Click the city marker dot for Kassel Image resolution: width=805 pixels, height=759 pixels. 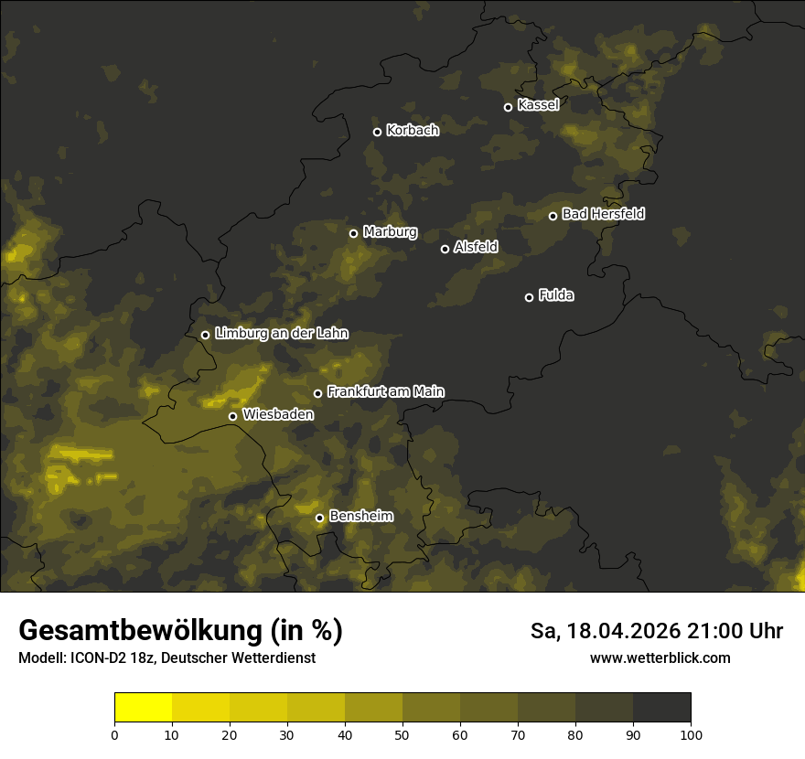[x=508, y=107]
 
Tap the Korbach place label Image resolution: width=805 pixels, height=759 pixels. [x=413, y=131]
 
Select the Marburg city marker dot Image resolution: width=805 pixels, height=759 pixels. [x=353, y=233]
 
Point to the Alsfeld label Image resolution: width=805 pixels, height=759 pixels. [x=476, y=248]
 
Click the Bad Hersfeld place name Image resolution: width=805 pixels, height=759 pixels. [x=603, y=214]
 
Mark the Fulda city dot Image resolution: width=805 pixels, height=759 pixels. [x=529, y=297]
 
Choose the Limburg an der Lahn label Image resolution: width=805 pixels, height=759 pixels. [x=282, y=334]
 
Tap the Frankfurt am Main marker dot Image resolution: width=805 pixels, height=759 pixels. [x=318, y=393]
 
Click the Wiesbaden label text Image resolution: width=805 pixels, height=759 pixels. [x=278, y=415]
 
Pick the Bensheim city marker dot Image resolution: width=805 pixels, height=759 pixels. [x=319, y=518]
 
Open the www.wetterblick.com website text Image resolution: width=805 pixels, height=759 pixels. [x=660, y=658]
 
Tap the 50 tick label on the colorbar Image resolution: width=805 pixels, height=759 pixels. [x=402, y=734]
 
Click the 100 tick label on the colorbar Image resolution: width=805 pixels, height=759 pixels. [x=691, y=734]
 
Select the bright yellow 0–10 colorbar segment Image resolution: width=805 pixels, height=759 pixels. [x=144, y=708]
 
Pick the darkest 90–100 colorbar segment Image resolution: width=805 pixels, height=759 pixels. [x=661, y=708]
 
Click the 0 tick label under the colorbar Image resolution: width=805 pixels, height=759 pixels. [x=114, y=734]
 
